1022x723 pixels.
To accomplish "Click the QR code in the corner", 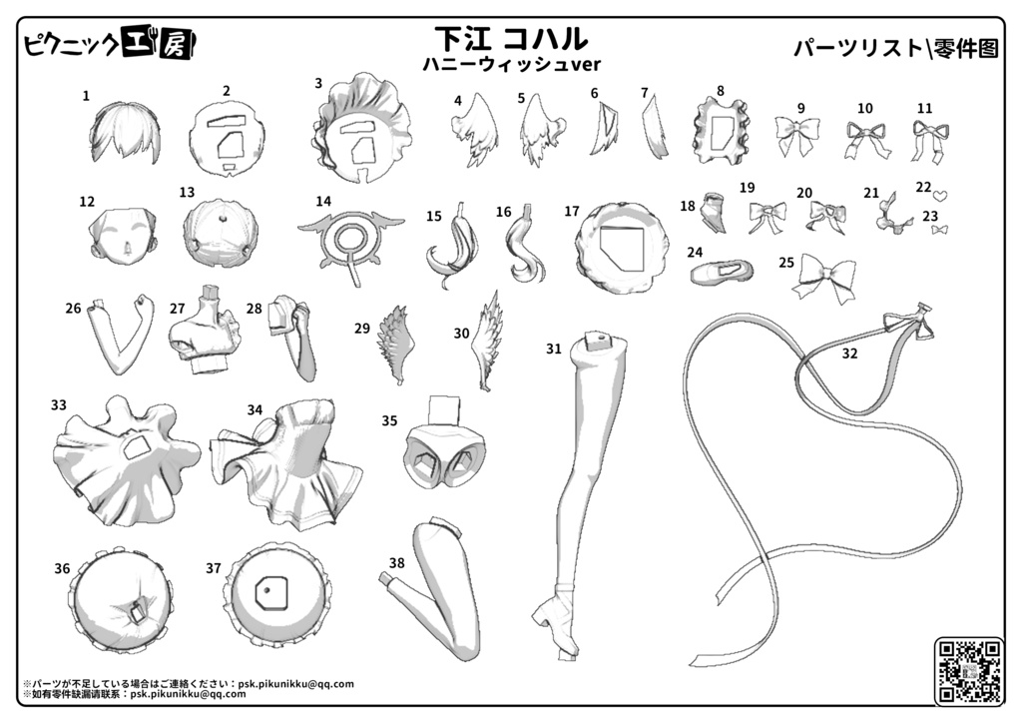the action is tap(968, 671).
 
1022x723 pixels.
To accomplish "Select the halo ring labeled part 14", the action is tap(351, 241).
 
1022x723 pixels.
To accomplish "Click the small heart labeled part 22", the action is tap(940, 195).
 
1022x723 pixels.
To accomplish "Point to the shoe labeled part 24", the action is tap(722, 272).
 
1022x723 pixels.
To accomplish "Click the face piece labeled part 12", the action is tap(123, 236).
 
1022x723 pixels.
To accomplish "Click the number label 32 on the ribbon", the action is tap(849, 354).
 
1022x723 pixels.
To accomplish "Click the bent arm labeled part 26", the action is tap(122, 338).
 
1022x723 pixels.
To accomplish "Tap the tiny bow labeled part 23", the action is tap(939, 230).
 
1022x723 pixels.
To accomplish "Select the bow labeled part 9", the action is tap(797, 135).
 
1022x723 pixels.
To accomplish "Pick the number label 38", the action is tap(396, 562).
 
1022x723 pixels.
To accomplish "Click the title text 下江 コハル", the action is tap(510, 39).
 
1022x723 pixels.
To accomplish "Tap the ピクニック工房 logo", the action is tap(110, 44).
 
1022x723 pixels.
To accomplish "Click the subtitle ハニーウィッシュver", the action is tap(512, 64).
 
